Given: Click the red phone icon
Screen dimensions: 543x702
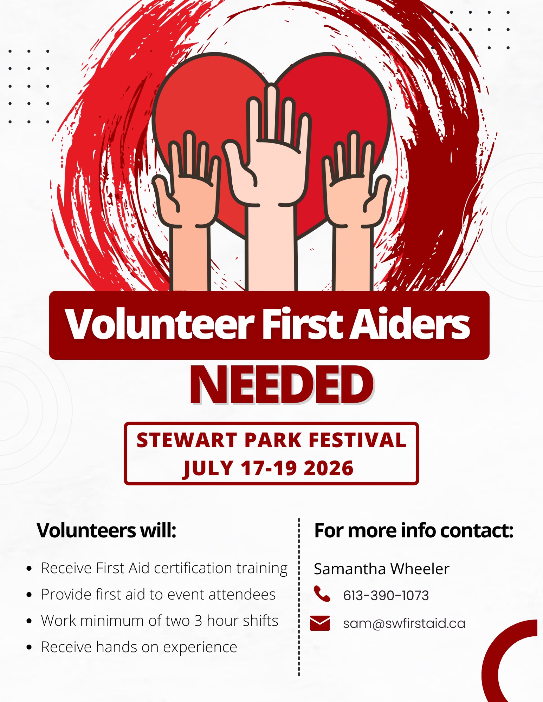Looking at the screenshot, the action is tap(322, 594).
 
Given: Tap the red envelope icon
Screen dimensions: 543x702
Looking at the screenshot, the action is tap(320, 623).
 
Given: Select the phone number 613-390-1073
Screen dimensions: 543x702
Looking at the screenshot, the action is tap(386, 595).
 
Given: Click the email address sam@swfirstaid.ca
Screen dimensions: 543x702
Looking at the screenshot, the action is tap(404, 623).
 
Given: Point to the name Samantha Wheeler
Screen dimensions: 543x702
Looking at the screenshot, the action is tap(382, 569).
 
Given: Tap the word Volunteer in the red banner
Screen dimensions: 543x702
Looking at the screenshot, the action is tap(160, 324).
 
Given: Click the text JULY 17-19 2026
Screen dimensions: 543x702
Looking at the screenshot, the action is tap(268, 468).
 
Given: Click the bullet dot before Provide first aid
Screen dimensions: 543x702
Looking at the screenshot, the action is tap(29, 595).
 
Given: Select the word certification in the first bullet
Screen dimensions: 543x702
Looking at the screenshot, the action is tap(193, 568).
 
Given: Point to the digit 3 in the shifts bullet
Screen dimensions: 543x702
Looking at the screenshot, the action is tap(198, 621).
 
